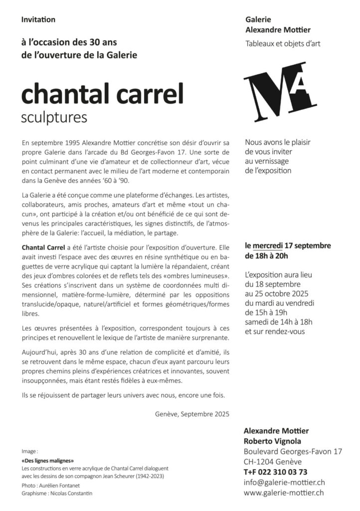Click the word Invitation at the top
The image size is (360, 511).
click(x=38, y=20)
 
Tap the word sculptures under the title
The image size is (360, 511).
click(x=54, y=118)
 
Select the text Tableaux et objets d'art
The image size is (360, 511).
click(x=283, y=44)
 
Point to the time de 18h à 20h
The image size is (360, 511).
click(x=266, y=256)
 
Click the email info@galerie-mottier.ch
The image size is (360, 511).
click(x=284, y=482)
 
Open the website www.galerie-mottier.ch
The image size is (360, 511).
click(x=285, y=493)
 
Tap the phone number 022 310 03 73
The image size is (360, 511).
click(x=282, y=472)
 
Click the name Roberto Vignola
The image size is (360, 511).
click(x=272, y=441)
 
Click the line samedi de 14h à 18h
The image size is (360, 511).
click(x=278, y=321)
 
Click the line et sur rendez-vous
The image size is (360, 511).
click(x=275, y=331)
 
